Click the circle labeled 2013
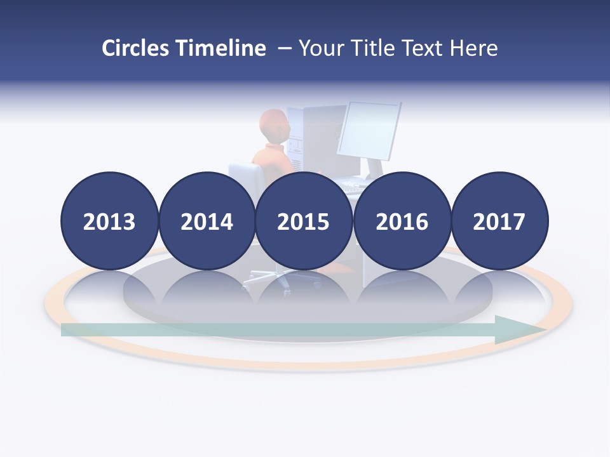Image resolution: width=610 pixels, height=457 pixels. tap(109, 221)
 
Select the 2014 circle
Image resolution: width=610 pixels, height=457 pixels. tap(207, 221)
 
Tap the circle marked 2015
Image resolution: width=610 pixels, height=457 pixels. tap(304, 221)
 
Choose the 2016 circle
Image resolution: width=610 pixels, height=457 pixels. tap(402, 221)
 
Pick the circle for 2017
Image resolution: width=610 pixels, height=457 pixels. tap(499, 221)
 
